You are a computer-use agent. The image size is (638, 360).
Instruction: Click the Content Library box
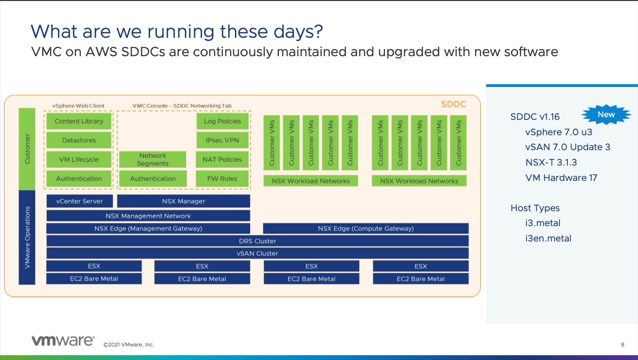79,121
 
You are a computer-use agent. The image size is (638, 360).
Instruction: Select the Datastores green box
79,140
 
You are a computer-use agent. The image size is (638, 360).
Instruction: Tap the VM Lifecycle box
79,159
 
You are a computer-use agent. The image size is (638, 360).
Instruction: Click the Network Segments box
152,159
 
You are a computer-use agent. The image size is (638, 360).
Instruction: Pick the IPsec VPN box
223,140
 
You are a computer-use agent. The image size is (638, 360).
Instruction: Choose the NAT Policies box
222,159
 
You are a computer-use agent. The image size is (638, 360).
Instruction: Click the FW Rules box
222,179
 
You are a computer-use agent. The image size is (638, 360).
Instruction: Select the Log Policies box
223,121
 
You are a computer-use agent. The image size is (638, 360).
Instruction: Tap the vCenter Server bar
79,201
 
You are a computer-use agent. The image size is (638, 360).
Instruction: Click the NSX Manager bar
184,201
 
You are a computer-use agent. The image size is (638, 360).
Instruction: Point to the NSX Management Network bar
148,216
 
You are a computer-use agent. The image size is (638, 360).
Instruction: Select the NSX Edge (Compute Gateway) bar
366,228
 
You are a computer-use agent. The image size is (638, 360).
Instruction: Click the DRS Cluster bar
257,241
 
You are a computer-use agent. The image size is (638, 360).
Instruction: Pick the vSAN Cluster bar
257,253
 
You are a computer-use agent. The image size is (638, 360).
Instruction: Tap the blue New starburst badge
606,115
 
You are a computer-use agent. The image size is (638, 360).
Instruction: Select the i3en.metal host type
548,238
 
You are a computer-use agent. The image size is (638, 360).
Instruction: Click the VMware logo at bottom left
63,341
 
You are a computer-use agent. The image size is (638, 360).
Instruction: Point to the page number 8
623,345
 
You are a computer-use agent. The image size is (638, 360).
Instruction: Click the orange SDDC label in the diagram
453,104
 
